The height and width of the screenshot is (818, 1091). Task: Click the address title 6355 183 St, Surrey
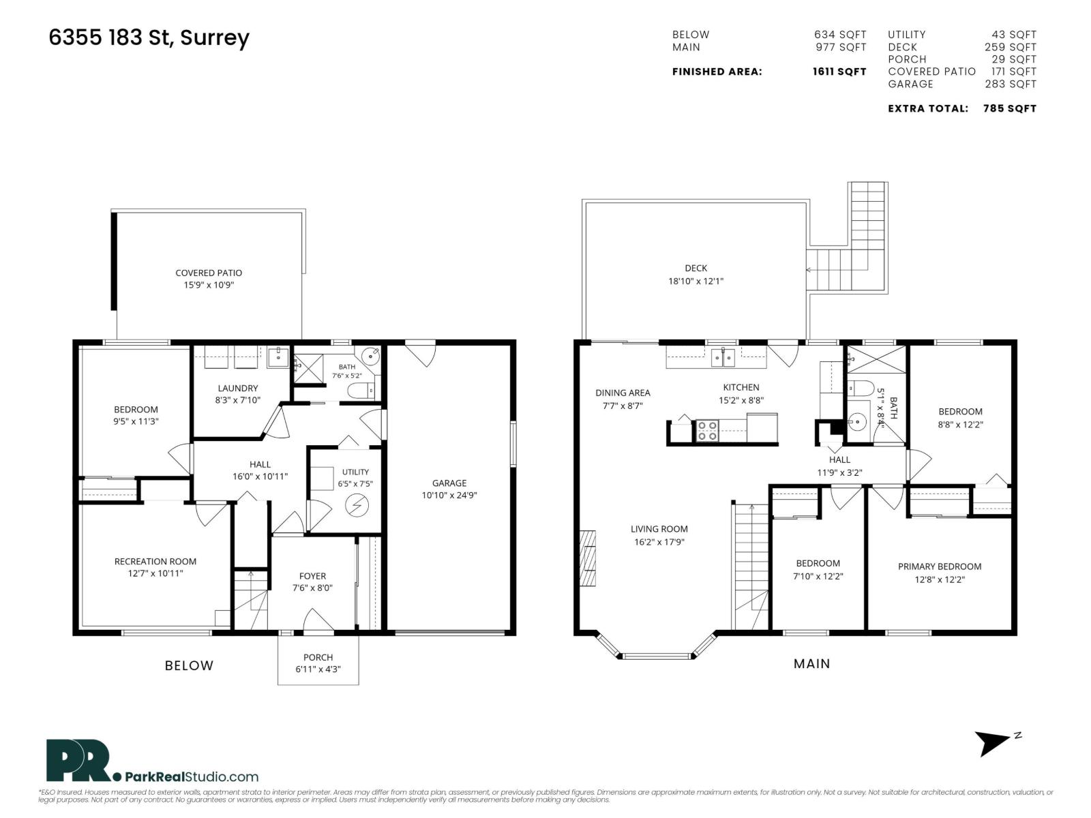149,38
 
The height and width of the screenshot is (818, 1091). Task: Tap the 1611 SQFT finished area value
839,72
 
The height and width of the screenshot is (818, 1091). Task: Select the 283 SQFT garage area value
1010,84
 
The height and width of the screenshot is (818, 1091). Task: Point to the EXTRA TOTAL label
927,108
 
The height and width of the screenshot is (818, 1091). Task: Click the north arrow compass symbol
993,744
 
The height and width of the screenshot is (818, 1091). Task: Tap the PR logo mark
80,760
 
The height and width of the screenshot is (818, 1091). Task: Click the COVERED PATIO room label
208,273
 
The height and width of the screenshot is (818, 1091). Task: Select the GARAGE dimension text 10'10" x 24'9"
449,495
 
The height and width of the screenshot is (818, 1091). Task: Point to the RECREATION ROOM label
155,561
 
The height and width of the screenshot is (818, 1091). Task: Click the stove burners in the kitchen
707,431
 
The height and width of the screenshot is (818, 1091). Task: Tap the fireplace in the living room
588,558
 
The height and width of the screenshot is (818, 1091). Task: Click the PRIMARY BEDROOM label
939,566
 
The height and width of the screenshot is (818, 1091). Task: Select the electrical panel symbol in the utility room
357,506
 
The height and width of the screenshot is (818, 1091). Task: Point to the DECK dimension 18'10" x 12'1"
696,281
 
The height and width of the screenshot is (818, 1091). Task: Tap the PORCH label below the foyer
318,657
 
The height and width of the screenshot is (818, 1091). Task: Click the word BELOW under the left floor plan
189,665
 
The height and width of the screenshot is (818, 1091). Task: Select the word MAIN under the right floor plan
811,663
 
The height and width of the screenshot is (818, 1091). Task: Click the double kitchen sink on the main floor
723,357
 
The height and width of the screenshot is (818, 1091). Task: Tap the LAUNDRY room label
237,388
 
